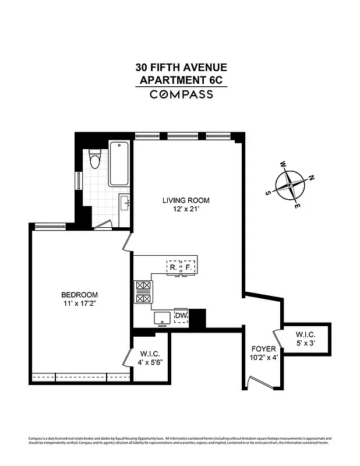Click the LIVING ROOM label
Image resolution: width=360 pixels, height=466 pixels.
coord(185,200)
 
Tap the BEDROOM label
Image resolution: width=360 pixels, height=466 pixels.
coord(80,295)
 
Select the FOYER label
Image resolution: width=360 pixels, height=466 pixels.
coord(262,349)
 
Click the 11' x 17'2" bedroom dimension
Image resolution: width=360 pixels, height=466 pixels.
coord(80,303)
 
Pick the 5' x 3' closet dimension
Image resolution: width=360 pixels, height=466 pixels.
coord(305,343)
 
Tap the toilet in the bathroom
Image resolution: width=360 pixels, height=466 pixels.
coord(94,158)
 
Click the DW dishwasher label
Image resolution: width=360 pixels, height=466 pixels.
coord(181,316)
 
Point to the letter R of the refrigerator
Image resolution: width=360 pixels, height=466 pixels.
coord(173,268)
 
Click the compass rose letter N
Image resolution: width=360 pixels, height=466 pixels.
coord(312,178)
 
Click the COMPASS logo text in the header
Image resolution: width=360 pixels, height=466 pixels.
coord(181,94)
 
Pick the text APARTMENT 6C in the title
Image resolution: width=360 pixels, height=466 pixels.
coord(181,79)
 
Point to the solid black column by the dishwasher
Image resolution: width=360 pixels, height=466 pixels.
coord(199,318)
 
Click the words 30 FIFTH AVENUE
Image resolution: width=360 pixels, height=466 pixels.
coord(181,68)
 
